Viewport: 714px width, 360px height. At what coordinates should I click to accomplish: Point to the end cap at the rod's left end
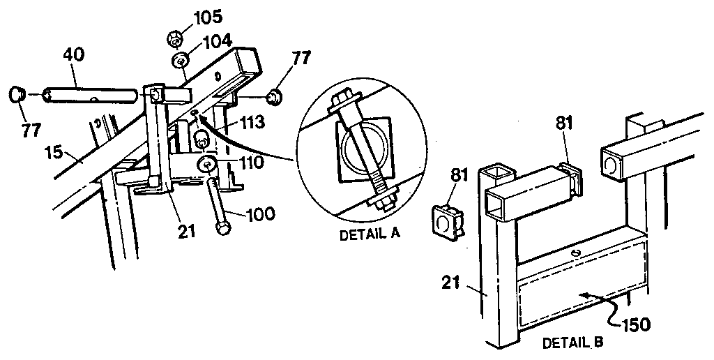coord(19,93)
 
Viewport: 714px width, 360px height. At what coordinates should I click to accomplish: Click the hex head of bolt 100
coord(223,229)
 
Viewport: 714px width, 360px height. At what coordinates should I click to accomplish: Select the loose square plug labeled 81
coord(445,222)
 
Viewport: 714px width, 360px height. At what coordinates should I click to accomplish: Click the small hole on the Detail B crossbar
coord(576,252)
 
